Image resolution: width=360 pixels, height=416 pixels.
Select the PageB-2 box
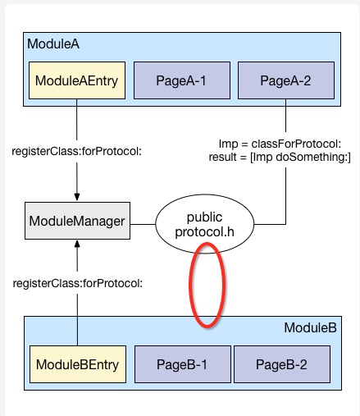(x=281, y=363)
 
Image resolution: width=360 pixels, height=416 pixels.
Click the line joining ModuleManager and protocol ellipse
(x=142, y=221)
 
